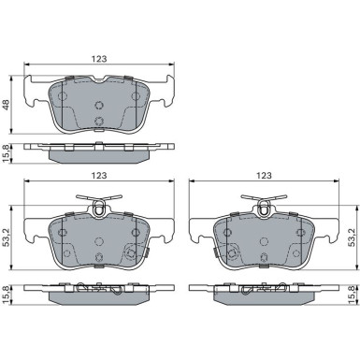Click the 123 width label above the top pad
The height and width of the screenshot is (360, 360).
[x=99, y=59]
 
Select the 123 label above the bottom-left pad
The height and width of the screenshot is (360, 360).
[x=99, y=176]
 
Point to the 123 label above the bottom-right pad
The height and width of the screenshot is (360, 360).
[x=264, y=176]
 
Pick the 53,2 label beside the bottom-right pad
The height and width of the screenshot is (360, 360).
[x=352, y=238]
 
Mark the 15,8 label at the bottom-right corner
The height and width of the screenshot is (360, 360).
[x=352, y=295]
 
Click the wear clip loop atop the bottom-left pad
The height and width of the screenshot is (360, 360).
[x=99, y=208]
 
